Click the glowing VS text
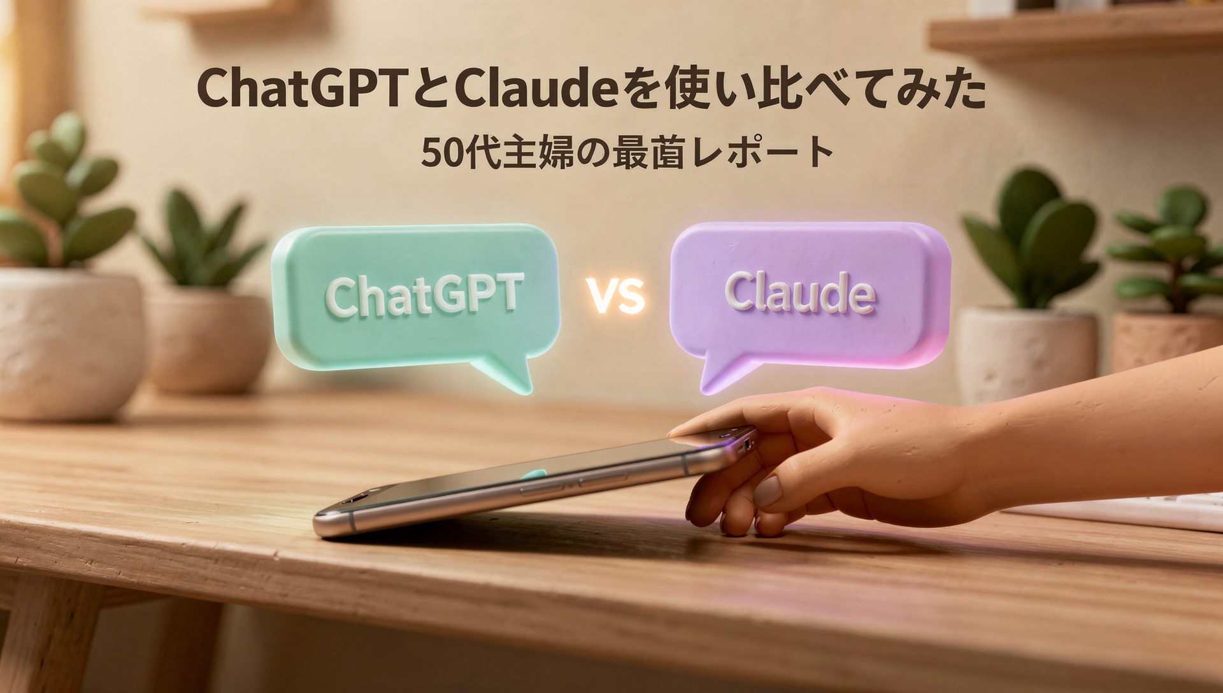(615, 296)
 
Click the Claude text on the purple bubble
(800, 292)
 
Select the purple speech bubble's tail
(723, 376)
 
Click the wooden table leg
(48, 637)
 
